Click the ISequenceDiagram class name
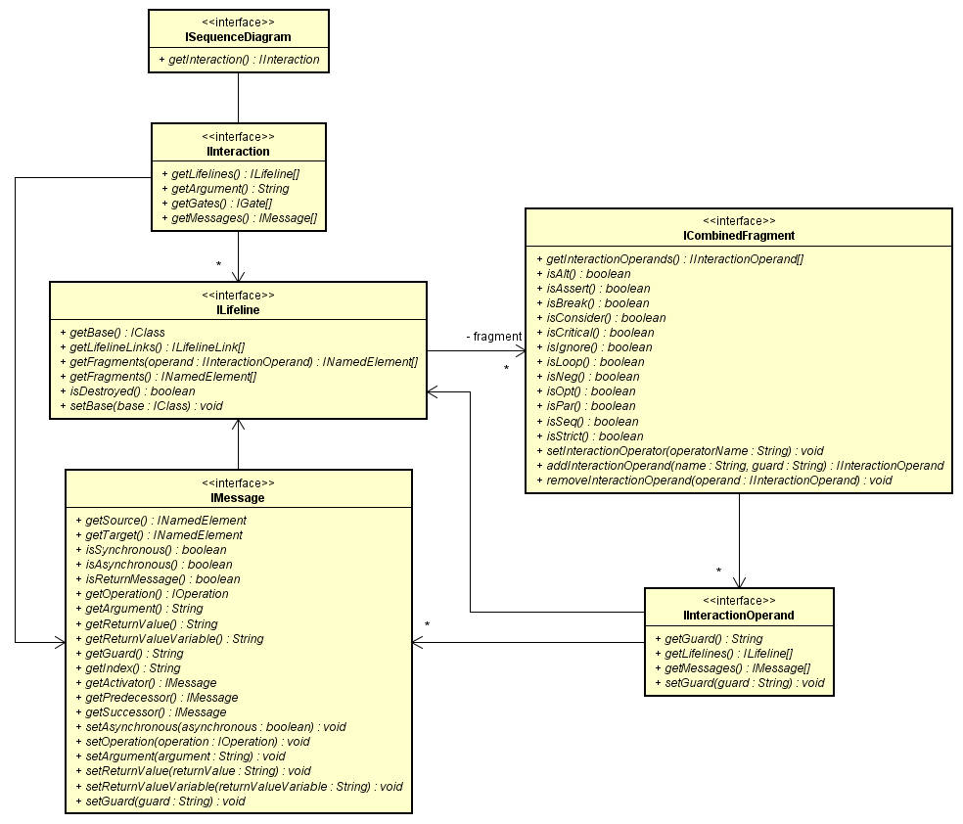pos(238,37)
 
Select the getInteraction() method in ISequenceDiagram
pos(239,60)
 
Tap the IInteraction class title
pos(238,152)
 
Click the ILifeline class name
pos(238,310)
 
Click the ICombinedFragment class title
pos(739,236)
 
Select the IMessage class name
pos(238,498)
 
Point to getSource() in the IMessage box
pos(165,521)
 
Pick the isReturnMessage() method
pos(162,579)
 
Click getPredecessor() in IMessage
pos(161,698)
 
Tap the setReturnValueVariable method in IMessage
pos(244,786)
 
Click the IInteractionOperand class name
pos(739,616)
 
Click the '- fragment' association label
pos(494,337)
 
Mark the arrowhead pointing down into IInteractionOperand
pos(739,581)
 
